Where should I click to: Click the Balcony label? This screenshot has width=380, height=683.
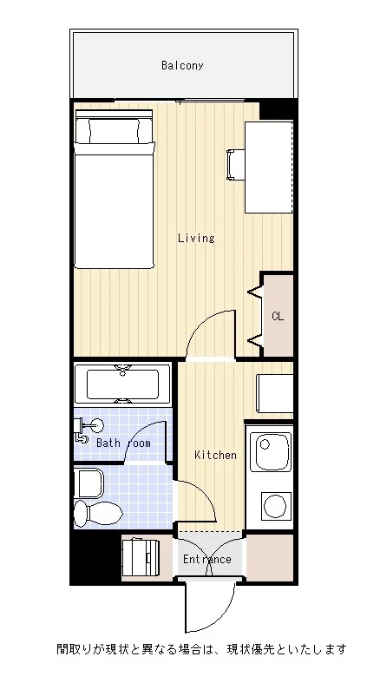click(182, 65)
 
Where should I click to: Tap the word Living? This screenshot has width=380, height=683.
click(196, 238)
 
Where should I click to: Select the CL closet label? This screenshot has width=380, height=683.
click(278, 316)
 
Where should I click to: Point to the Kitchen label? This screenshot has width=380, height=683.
click(215, 455)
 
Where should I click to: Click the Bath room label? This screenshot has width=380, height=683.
click(123, 443)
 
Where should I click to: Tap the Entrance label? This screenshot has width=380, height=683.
click(207, 559)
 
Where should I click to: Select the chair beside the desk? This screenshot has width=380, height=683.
click(235, 165)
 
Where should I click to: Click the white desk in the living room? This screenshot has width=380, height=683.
click(269, 167)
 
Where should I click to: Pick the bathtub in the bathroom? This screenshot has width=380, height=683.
click(122, 384)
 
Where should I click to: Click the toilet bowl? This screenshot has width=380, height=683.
click(98, 513)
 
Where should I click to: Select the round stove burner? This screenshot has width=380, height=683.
click(276, 506)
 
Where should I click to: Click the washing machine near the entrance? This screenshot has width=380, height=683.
click(141, 557)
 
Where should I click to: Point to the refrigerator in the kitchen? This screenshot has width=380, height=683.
click(275, 393)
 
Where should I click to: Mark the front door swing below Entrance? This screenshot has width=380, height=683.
click(210, 607)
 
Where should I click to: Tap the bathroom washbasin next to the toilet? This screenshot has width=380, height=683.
click(88, 483)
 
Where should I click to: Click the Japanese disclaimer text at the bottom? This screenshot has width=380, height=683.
click(201, 649)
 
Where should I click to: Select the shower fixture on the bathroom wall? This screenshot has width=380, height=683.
click(88, 428)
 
